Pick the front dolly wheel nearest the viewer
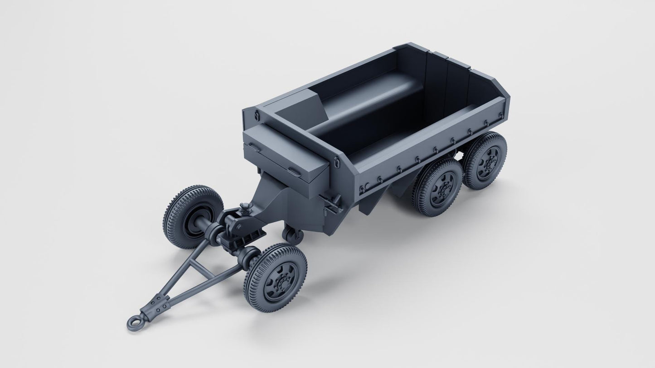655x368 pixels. (x=275, y=277)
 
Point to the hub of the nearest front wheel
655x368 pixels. (x=278, y=282)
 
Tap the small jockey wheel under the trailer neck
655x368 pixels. (x=292, y=235)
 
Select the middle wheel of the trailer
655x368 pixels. (x=437, y=186)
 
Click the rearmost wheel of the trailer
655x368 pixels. (x=485, y=160)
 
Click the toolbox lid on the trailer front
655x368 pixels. (x=286, y=149)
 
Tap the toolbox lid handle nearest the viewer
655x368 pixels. (x=294, y=172)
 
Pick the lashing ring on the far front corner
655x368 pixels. (x=257, y=116)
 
